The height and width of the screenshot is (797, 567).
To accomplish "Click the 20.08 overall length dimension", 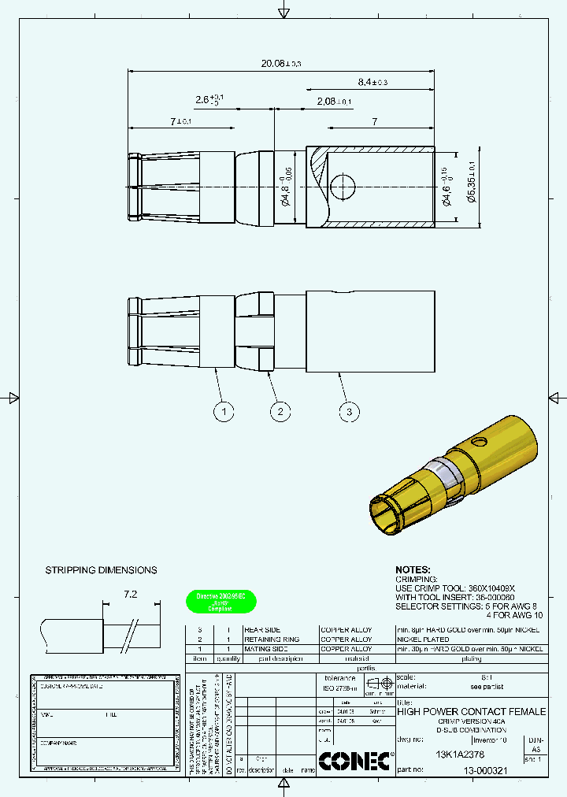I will pyautogui.click(x=280, y=63).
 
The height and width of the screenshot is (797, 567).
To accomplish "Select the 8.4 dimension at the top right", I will pyautogui.click(x=372, y=82).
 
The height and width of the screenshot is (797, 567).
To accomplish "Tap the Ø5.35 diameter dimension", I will pyautogui.click(x=471, y=187).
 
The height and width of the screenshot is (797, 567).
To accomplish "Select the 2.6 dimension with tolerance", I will pyautogui.click(x=209, y=100).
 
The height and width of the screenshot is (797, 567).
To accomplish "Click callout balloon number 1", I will pyautogui.click(x=224, y=411).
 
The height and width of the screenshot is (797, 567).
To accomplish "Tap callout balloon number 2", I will pyautogui.click(x=280, y=411).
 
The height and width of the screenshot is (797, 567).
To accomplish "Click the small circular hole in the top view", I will pyautogui.click(x=343, y=187).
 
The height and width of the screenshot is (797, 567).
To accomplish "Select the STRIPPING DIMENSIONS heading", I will pyautogui.click(x=101, y=570).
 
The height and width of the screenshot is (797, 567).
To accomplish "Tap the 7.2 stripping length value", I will pyautogui.click(x=131, y=595).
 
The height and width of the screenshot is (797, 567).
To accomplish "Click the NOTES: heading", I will pyautogui.click(x=413, y=569).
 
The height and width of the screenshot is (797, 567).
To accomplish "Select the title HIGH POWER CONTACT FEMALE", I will pyautogui.click(x=471, y=711).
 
